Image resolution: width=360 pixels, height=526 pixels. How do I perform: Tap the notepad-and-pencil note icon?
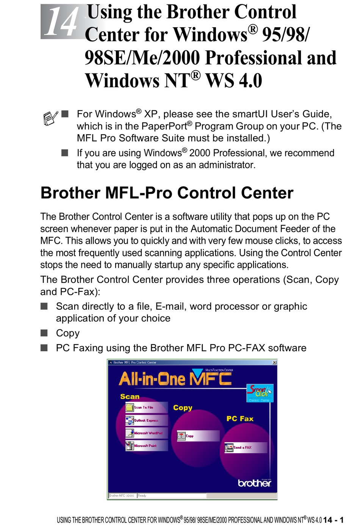(x=51, y=118)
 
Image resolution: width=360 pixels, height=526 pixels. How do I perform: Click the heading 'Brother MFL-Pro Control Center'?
(x=167, y=193)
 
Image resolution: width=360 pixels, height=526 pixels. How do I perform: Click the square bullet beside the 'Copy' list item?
(x=44, y=333)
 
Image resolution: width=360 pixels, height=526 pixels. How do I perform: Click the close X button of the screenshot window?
(x=274, y=363)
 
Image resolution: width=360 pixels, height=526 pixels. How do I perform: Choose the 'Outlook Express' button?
(x=146, y=420)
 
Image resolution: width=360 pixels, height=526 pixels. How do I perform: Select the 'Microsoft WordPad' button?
(x=146, y=433)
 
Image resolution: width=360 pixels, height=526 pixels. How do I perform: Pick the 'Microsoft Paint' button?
(x=146, y=446)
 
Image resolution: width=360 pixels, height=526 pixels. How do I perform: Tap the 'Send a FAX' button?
(x=245, y=448)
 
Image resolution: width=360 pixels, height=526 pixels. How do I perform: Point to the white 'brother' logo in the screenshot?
(x=254, y=483)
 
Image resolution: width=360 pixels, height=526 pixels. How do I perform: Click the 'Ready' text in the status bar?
(x=142, y=496)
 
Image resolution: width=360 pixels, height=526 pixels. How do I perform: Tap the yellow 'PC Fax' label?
(x=240, y=419)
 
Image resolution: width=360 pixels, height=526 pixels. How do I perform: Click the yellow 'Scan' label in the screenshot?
(x=130, y=397)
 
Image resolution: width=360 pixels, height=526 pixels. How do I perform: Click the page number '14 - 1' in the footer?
(x=333, y=520)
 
